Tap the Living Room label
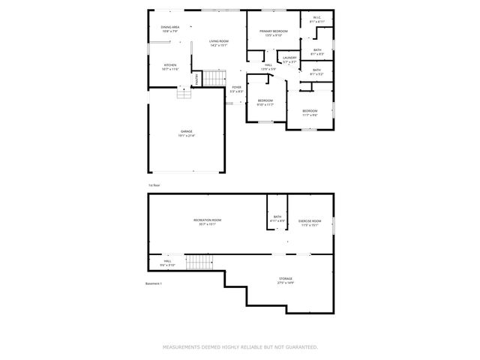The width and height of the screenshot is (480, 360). (x=218, y=43)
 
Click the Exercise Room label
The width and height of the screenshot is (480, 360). (x=310, y=222)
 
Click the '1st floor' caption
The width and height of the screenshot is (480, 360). (x=154, y=184)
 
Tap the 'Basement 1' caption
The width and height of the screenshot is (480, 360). (x=153, y=283)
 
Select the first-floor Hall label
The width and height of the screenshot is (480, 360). (x=268, y=67)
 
